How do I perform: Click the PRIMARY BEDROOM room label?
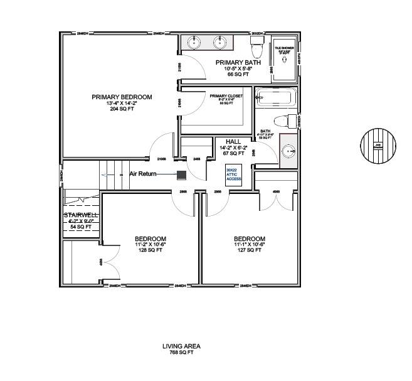point(122,97)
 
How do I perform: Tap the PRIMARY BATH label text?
point(238,62)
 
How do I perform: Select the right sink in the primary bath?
point(219,43)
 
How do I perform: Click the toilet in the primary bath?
point(256,46)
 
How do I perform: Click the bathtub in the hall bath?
point(275,99)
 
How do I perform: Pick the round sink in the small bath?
point(288,150)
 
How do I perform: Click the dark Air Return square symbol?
point(181,174)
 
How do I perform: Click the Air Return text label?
point(143,173)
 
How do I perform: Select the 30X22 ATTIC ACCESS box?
point(233,174)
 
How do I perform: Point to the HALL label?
point(233,142)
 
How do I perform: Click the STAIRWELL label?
point(80,215)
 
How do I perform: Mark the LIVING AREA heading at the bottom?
point(181,346)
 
